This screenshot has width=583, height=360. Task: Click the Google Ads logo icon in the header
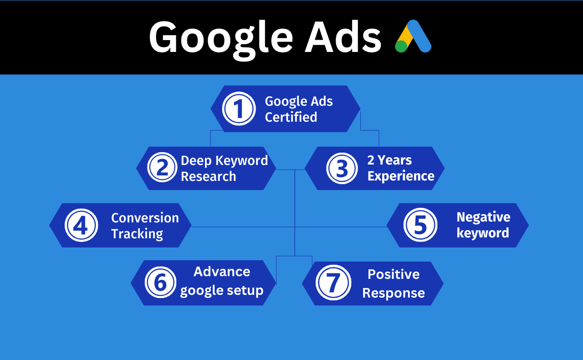(413, 36)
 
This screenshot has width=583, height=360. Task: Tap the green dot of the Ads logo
(401, 46)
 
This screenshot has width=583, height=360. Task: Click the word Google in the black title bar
(221, 39)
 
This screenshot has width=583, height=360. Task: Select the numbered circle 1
(239, 108)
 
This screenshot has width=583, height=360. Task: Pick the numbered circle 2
(162, 167)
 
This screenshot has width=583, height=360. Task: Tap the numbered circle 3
(342, 168)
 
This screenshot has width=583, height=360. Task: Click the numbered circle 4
(81, 225)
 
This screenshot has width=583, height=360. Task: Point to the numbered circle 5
(420, 225)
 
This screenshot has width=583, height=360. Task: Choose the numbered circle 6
(160, 282)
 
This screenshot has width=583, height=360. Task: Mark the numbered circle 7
(333, 283)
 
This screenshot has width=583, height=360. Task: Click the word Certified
(291, 117)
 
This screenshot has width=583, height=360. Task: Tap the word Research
(209, 176)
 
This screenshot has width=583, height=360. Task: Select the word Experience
(401, 176)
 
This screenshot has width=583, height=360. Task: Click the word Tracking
(137, 234)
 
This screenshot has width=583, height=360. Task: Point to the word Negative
(483, 217)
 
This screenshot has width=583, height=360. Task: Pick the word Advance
(222, 272)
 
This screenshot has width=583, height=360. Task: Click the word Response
(394, 293)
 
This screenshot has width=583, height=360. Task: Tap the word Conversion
(145, 218)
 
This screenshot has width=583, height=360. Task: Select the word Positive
(394, 274)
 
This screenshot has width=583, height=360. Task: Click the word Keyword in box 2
(242, 160)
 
